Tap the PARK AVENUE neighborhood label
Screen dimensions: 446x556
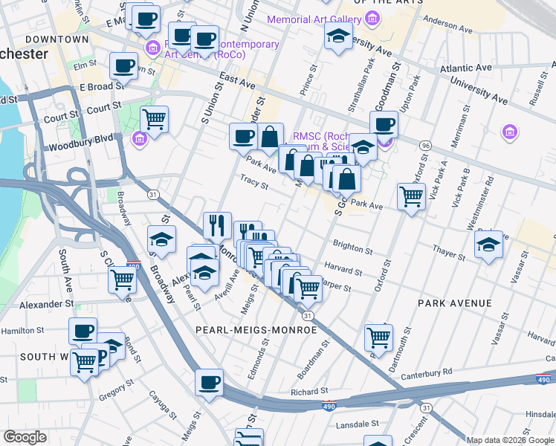454,303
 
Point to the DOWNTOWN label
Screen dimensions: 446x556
56,39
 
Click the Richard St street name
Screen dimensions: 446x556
309,391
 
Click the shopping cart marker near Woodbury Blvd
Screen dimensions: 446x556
154,118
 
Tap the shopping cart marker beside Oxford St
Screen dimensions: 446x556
411,196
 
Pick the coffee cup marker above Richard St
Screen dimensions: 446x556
210,382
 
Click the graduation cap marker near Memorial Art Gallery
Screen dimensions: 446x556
338,36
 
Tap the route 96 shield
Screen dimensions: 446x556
425,144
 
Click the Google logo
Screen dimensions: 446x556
25,437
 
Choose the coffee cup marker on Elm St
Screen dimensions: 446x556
123,65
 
